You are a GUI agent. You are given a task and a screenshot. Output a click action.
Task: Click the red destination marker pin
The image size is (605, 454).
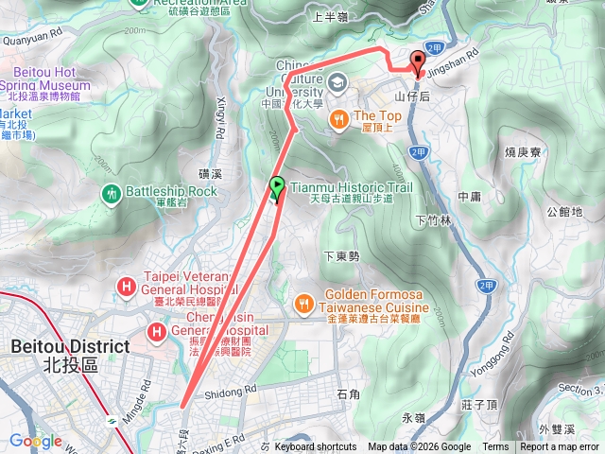[418, 61]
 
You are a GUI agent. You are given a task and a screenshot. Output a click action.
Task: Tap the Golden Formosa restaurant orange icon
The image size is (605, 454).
[303, 304]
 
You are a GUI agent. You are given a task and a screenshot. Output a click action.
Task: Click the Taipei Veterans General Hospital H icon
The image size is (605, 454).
[126, 285]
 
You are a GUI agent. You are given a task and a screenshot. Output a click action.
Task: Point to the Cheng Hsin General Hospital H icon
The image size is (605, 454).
[155, 331]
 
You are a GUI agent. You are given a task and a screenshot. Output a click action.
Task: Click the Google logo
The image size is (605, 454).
[36, 441]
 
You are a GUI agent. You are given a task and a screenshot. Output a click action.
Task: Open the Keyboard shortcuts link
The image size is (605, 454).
[316, 447]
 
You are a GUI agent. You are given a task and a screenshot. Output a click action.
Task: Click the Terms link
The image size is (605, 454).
[495, 447]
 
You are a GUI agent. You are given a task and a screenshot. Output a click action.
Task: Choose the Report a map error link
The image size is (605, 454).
[560, 447]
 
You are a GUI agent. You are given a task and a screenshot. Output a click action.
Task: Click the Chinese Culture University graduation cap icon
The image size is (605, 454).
[337, 85]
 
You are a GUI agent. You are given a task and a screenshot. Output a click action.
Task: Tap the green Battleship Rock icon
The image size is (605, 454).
[111, 192]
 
